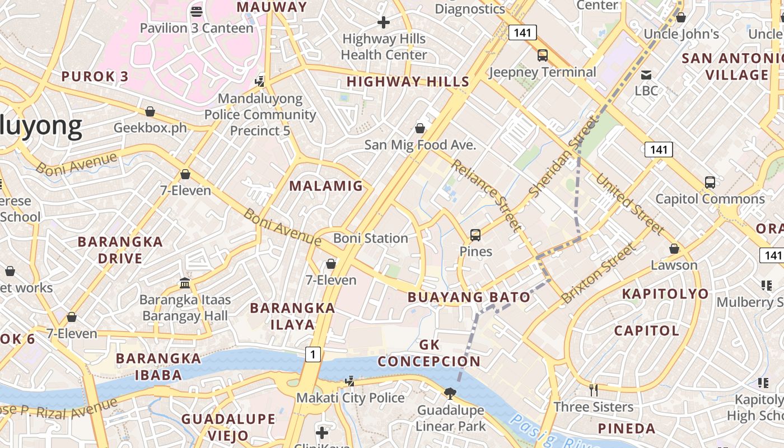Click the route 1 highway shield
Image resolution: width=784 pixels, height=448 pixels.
(x=313, y=354)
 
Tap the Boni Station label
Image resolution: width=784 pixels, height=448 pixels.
(x=370, y=238)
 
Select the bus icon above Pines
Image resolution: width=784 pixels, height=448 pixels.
(x=475, y=235)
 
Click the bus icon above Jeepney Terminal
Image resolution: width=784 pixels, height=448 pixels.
(x=542, y=55)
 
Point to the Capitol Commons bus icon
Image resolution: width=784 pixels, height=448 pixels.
(x=710, y=183)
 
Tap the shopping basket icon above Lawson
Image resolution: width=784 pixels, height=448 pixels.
(x=674, y=249)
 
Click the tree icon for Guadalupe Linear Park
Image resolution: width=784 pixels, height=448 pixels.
(x=450, y=394)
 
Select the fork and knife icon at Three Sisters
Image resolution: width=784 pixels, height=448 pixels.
(x=594, y=390)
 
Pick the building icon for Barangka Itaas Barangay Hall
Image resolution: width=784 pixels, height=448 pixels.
(x=185, y=283)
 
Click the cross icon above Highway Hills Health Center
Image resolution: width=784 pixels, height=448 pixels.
(x=384, y=22)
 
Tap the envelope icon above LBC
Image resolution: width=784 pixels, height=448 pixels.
(x=646, y=74)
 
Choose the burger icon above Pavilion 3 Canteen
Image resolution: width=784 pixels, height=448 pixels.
(x=196, y=11)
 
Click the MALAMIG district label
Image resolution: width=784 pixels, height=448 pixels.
(x=326, y=186)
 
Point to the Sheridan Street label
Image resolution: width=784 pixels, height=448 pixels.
(x=562, y=157)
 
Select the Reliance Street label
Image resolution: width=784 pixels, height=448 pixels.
(x=486, y=195)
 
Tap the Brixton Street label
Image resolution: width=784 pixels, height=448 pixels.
(x=599, y=273)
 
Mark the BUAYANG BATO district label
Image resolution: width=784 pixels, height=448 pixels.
(x=469, y=297)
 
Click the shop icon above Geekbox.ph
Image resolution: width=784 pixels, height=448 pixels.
(x=150, y=111)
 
